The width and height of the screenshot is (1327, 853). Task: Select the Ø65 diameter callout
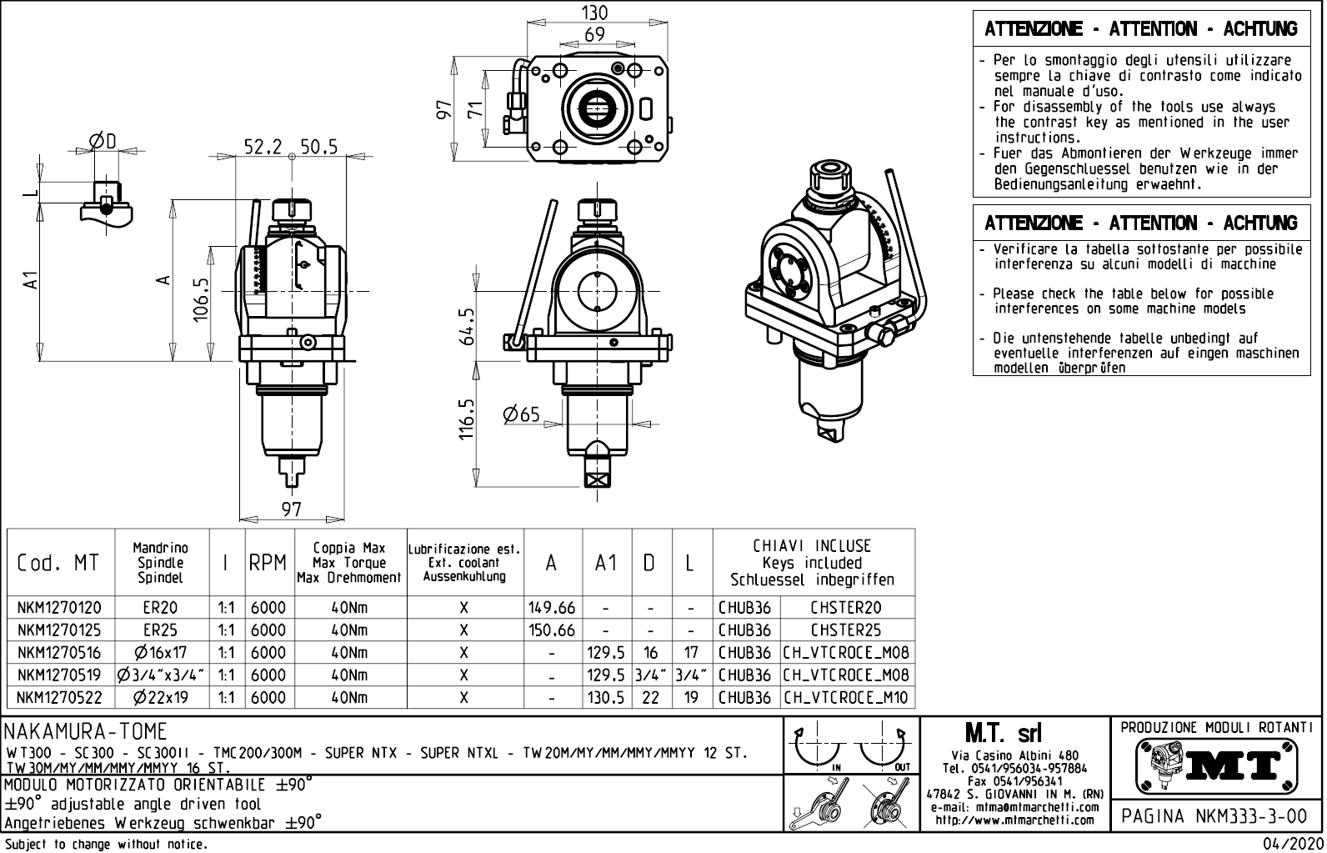pyautogui.click(x=522, y=414)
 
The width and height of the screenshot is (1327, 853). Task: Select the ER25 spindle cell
pyautogui.click(x=160, y=630)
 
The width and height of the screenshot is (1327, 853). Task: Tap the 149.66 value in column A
pyautogui.click(x=552, y=608)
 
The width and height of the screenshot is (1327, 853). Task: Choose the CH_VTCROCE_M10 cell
pyautogui.click(x=846, y=698)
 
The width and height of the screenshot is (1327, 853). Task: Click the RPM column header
pyautogui.click(x=268, y=564)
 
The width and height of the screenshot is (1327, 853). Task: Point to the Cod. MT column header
pyautogui.click(x=58, y=564)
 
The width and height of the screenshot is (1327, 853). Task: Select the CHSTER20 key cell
pyautogui.click(x=846, y=608)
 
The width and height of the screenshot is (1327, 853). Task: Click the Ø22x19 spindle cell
pyautogui.click(x=160, y=698)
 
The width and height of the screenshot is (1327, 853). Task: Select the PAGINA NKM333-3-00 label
pyautogui.click(x=1215, y=815)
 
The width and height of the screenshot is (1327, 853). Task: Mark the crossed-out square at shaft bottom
pyautogui.click(x=597, y=479)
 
